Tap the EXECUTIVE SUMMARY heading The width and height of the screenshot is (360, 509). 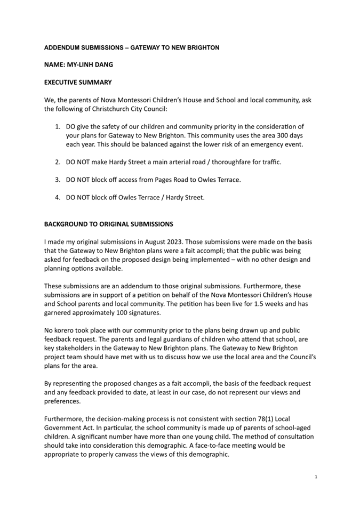(x=78, y=83)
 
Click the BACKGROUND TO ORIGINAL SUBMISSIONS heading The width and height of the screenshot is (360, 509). (x=108, y=224)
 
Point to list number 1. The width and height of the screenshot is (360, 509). (x=58, y=127)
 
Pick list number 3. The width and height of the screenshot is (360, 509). (x=58, y=180)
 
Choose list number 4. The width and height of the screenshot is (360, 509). (x=58, y=197)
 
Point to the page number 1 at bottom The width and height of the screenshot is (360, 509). (x=316, y=476)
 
